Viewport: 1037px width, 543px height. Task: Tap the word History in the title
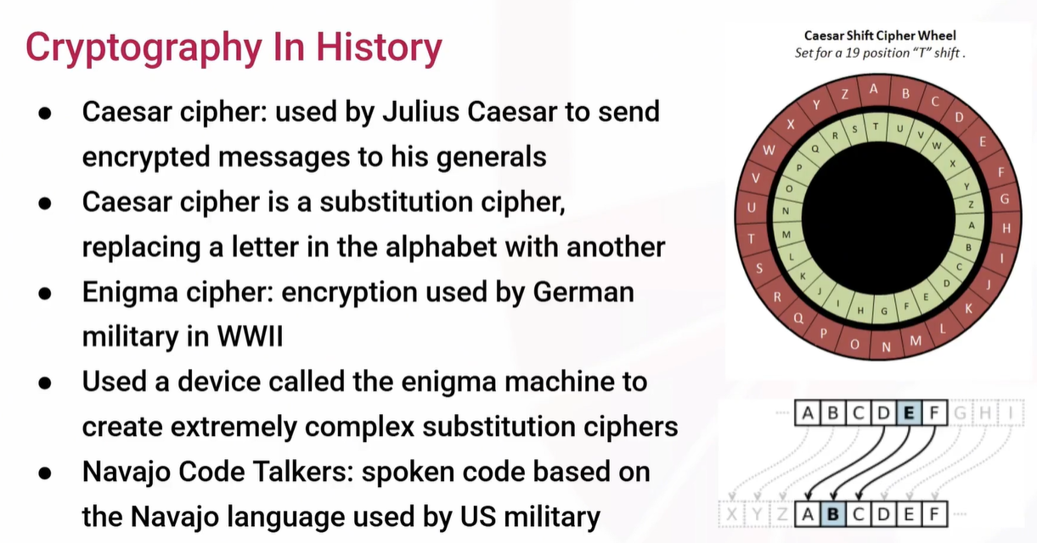tap(379, 48)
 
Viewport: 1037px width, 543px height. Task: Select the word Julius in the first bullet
tap(420, 112)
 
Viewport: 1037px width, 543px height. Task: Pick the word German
tap(583, 293)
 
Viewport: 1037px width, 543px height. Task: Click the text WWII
tap(250, 336)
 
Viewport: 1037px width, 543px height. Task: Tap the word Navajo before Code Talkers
tap(127, 473)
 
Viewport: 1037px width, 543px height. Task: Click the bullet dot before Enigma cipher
tap(45, 294)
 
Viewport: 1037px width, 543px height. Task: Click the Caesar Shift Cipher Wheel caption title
tap(880, 36)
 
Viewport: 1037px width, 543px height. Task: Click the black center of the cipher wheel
tap(878, 218)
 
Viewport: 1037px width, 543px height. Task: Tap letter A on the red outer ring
tap(874, 89)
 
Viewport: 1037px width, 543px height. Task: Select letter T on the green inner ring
tap(876, 126)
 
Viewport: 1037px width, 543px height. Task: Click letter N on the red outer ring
tap(886, 347)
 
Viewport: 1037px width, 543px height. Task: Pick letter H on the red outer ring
tap(1006, 228)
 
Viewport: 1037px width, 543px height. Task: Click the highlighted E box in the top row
tap(909, 412)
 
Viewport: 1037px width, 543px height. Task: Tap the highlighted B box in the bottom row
tap(833, 514)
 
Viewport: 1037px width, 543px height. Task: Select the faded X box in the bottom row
tap(731, 514)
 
